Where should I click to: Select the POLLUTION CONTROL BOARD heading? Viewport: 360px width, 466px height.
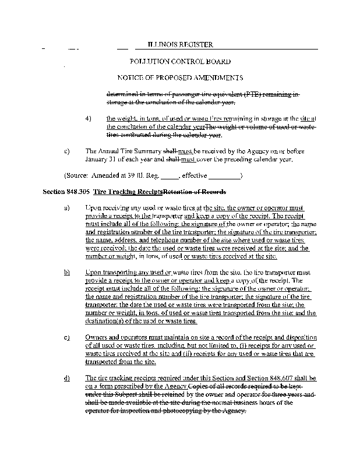pos(180,61)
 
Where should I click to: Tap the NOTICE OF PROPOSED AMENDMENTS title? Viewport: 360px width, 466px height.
pos(180,77)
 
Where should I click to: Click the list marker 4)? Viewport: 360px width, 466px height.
pos(89,118)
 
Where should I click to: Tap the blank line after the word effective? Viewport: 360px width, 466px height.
pos(224,175)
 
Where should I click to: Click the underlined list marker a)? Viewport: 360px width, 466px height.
pos(67,208)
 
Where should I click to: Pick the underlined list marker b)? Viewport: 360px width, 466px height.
pos(67,272)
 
